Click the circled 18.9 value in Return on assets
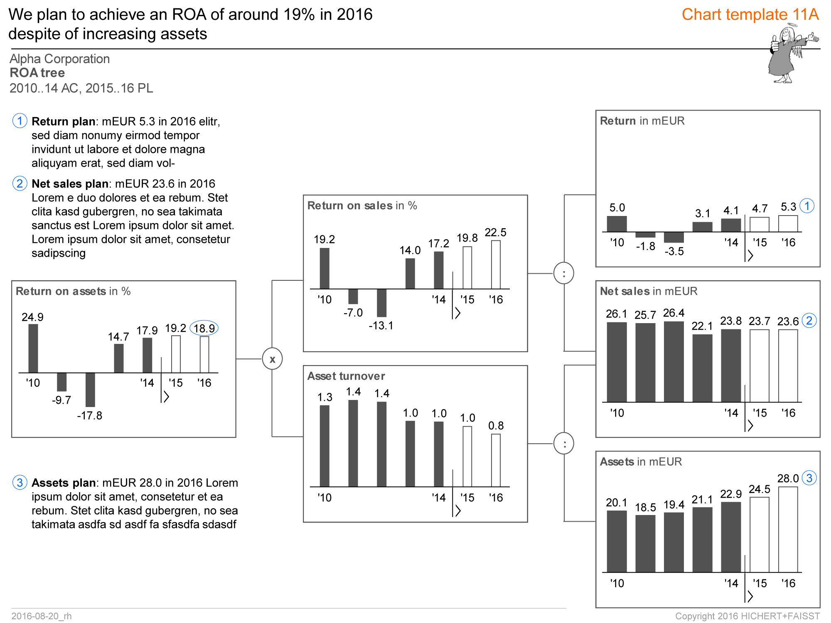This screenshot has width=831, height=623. [204, 328]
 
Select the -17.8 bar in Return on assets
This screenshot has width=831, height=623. [90, 390]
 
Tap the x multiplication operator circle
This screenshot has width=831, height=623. [272, 359]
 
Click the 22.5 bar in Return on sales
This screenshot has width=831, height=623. [496, 265]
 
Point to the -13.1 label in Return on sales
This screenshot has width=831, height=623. [381, 326]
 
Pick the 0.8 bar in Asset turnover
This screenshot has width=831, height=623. [496, 460]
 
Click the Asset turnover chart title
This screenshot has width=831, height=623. [346, 376]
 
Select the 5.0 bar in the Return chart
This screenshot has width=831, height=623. [617, 224]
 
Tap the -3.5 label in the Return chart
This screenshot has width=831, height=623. [674, 251]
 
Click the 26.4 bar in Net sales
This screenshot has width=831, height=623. [674, 361]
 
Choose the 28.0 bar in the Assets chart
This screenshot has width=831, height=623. [788, 530]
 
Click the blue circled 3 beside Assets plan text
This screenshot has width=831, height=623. [20, 482]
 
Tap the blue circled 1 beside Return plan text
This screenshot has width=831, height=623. [20, 121]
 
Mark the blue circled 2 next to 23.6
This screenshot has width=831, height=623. [809, 321]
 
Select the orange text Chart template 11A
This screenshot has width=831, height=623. [750, 15]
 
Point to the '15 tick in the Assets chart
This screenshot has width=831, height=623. [760, 584]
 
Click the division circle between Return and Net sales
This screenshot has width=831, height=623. [564, 273]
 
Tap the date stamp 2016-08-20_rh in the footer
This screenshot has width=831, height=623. [42, 616]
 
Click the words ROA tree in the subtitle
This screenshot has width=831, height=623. [37, 73]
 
